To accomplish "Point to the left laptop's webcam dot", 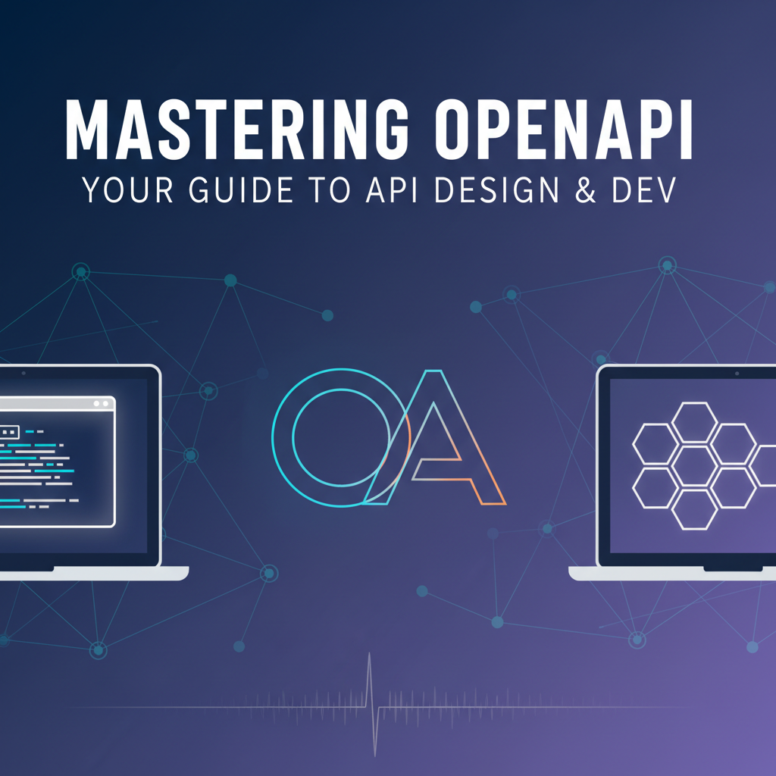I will point(23,373).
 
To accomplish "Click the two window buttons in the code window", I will point(101,405).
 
